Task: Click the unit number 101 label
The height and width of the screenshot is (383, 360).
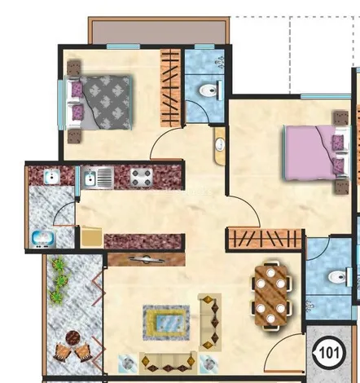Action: point(329,353)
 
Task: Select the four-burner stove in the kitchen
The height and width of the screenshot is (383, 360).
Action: point(142,178)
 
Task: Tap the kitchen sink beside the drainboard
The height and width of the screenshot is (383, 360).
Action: point(90,178)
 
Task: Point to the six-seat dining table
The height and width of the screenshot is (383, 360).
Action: point(270,295)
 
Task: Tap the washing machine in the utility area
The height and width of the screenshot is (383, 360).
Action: point(43,239)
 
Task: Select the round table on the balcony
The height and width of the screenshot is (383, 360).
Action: point(72,338)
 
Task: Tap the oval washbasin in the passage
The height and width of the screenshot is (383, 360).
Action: point(220,144)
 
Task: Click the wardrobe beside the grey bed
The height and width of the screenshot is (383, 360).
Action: point(170,88)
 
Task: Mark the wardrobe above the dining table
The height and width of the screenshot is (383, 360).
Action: point(265,239)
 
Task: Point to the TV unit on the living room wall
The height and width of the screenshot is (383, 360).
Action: point(147,259)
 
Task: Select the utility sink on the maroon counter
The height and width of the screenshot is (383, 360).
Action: point(51,177)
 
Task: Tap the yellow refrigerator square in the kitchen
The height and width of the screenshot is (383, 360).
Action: point(92,237)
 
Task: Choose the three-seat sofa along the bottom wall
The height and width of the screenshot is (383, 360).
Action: point(168,363)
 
